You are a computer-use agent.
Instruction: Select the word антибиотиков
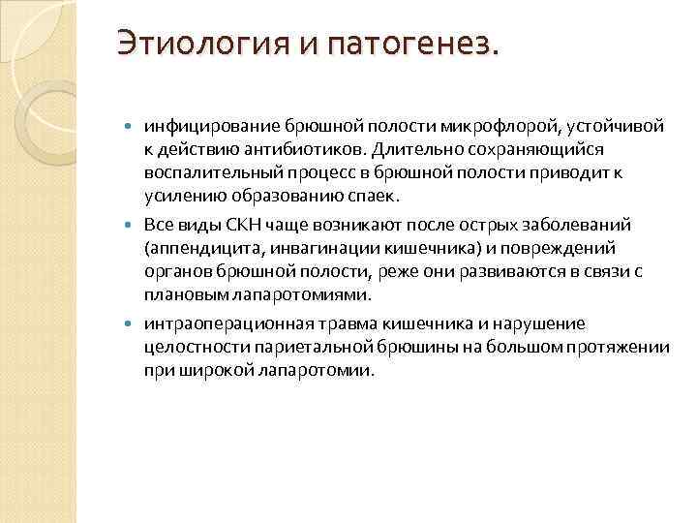[x=297, y=148]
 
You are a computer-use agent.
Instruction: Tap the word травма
[x=329, y=323]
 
